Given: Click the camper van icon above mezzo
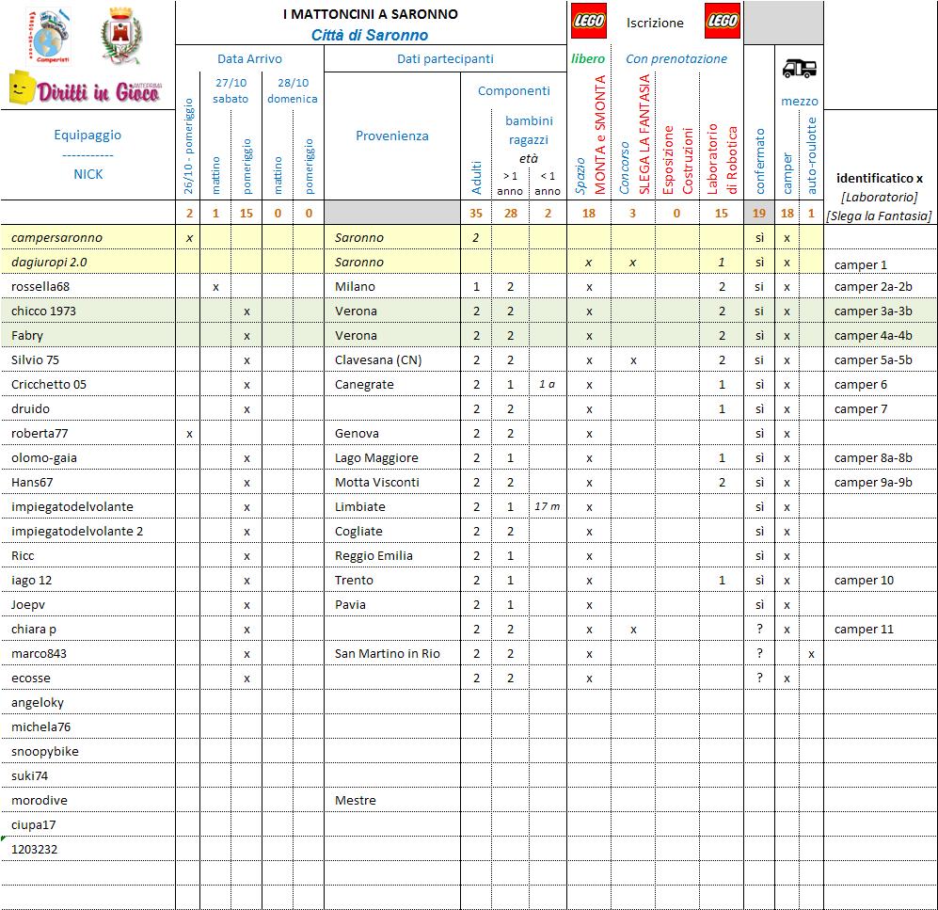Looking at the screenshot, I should tap(800, 68).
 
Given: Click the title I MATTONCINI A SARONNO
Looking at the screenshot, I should tap(371, 14).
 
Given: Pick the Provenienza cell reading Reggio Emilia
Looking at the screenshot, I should tap(374, 555).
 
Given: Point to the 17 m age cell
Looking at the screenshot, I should tap(547, 506).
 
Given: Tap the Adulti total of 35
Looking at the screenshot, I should tap(476, 213).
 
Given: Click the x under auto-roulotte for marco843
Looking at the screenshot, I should tap(811, 653).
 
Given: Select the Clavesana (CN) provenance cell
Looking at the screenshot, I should tap(378, 359).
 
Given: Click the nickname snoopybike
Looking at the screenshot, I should tap(45, 751).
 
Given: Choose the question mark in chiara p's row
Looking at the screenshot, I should tap(759, 629).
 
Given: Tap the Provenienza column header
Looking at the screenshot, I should tap(391, 136).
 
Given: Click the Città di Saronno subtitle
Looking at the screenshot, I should tap(370, 35).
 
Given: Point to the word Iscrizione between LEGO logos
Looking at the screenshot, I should tap(655, 23).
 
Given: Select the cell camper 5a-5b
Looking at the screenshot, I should tap(873, 359).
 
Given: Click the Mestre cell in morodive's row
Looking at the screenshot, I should tap(355, 800).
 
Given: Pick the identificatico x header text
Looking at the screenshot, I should tap(879, 178).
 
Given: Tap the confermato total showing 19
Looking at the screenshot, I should tap(758, 213).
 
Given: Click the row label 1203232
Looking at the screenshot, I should tap(35, 849).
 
